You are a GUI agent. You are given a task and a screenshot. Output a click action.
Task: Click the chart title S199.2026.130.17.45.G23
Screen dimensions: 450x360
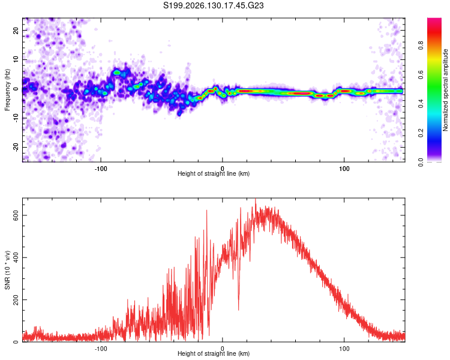tap(213, 5)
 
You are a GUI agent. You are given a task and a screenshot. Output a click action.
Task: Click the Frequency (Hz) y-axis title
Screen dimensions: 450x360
tap(7, 90)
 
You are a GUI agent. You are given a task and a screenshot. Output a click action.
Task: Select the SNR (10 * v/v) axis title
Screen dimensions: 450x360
tap(7, 270)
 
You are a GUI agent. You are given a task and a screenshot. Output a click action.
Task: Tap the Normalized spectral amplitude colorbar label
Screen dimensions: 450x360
tap(445, 90)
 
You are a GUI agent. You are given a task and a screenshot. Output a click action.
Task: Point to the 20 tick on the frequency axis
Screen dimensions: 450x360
tap(16, 30)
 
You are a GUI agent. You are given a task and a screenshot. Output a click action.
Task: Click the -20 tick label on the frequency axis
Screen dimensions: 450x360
tap(16, 147)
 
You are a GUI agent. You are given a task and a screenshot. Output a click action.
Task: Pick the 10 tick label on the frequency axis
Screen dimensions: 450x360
tap(16, 59)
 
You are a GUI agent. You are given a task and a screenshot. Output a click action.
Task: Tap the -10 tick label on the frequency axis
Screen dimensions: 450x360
tap(16, 118)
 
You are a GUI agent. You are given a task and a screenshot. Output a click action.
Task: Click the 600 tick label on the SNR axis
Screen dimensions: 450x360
tap(16, 215)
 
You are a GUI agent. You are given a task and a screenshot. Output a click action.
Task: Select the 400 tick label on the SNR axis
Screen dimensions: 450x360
tap(16, 257)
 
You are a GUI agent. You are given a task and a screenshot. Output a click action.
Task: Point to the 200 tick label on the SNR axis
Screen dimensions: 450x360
tap(16, 300)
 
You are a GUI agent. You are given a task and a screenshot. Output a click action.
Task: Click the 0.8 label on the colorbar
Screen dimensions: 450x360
tap(421, 46)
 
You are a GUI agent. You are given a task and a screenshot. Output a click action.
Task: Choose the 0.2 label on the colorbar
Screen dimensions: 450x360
tap(421, 133)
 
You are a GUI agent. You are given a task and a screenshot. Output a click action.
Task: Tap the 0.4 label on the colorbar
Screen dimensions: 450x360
tap(421, 104)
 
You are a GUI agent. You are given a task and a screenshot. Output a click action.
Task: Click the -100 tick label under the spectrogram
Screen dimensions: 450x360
tap(101, 169)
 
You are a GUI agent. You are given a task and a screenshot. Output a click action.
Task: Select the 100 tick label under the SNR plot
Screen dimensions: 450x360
tap(344, 349)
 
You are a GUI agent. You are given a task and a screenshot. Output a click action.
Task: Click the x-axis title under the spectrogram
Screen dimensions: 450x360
tap(214, 173)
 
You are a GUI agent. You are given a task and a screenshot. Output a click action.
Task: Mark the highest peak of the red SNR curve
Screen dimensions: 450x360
tap(256, 199)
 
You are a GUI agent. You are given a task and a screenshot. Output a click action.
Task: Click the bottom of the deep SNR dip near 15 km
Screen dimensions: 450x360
tap(238, 310)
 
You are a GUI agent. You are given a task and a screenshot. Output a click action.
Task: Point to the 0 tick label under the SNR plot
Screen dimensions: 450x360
tap(223, 349)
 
